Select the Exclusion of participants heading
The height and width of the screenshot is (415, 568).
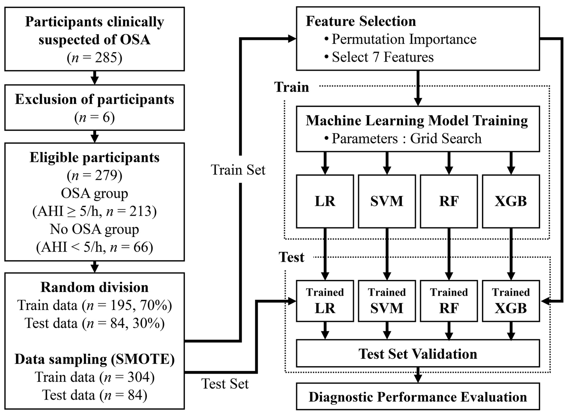coord(95,99)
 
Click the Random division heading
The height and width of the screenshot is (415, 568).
coord(95,287)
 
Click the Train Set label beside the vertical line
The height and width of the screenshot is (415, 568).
coord(238,170)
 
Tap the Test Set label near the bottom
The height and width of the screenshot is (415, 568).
coord(225,384)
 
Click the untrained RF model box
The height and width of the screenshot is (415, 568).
coord(449,201)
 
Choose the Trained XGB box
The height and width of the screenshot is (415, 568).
coord(511,301)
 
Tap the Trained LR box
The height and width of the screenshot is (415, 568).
coord(325,301)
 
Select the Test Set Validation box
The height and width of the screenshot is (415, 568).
coord(418,354)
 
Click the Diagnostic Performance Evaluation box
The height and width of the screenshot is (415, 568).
coord(418,397)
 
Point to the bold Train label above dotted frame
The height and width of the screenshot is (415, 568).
coord(291,87)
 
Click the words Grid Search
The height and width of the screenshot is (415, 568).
coord(446,138)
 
